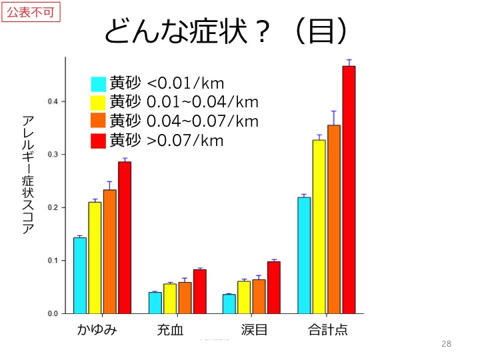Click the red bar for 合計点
pyautogui.click(x=349, y=190)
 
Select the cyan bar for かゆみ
pyautogui.click(x=80, y=275)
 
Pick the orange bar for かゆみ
pyautogui.click(x=110, y=251)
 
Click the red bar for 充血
pyautogui.click(x=200, y=291)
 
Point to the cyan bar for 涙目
pyautogui.click(x=229, y=303)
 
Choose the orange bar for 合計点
pyautogui.click(x=334, y=219)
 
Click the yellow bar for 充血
pyautogui.click(x=170, y=298)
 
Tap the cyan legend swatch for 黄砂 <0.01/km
pyautogui.click(x=99, y=84)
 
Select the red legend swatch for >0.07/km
pyautogui.click(x=99, y=141)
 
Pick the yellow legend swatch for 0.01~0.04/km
pyautogui.click(x=99, y=103)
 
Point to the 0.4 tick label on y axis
pyautogui.click(x=53, y=101)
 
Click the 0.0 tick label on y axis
pyautogui.click(x=53, y=313)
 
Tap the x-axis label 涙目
pyautogui.click(x=254, y=329)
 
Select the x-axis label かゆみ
pyautogui.click(x=97, y=329)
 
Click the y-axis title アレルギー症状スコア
pyautogui.click(x=28, y=175)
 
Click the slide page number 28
pyautogui.click(x=447, y=344)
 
